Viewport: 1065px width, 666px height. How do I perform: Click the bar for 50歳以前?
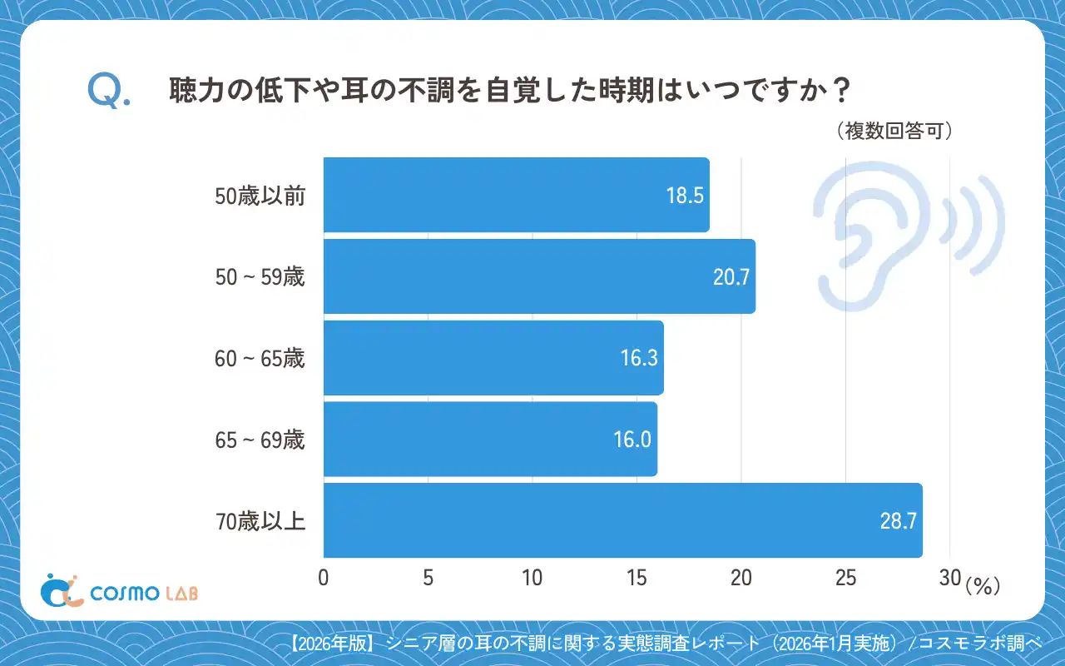pos(516,195)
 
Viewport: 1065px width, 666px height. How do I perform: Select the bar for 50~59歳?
pos(539,276)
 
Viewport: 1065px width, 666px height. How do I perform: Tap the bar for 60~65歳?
pos(493,358)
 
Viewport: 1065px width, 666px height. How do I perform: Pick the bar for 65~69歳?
pos(490,440)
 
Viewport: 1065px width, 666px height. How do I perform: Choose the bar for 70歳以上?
pos(622,520)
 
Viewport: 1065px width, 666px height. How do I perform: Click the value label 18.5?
pos(685,196)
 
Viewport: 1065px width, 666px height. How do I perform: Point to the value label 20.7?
pos(731,277)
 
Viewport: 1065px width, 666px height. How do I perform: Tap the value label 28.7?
pos(898,521)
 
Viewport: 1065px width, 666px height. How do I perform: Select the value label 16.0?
pos(632,440)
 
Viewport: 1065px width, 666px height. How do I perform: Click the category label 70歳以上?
pos(260,522)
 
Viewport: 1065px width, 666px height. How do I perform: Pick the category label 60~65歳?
pos(260,359)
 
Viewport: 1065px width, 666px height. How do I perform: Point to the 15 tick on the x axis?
pos(637,579)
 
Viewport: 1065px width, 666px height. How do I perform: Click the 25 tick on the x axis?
pos(845,579)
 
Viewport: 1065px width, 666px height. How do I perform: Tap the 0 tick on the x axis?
pos(324,579)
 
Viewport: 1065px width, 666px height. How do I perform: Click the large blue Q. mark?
pos(108,92)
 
